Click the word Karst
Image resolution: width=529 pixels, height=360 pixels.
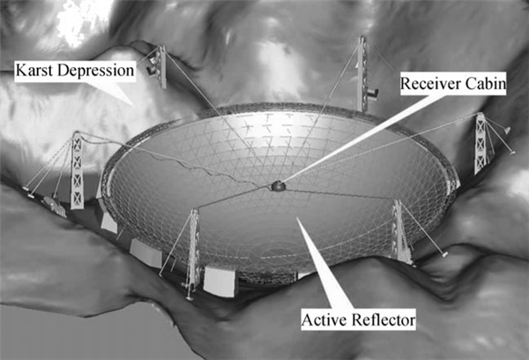(x=34, y=71)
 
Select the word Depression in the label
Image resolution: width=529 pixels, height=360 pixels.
(x=96, y=71)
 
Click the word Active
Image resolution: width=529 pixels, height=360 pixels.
(x=324, y=319)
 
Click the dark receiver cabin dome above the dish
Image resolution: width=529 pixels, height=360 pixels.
(x=279, y=185)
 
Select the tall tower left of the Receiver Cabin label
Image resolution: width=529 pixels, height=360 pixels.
(x=361, y=73)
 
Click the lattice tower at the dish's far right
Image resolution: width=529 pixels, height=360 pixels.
(x=481, y=143)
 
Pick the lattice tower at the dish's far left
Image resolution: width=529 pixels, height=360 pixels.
(x=77, y=170)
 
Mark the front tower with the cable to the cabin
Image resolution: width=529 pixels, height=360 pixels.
(x=193, y=251)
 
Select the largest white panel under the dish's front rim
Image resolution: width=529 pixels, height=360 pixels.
(x=220, y=281)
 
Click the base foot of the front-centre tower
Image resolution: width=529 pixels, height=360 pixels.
(x=190, y=298)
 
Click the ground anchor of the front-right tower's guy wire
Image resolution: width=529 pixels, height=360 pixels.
(x=445, y=254)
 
